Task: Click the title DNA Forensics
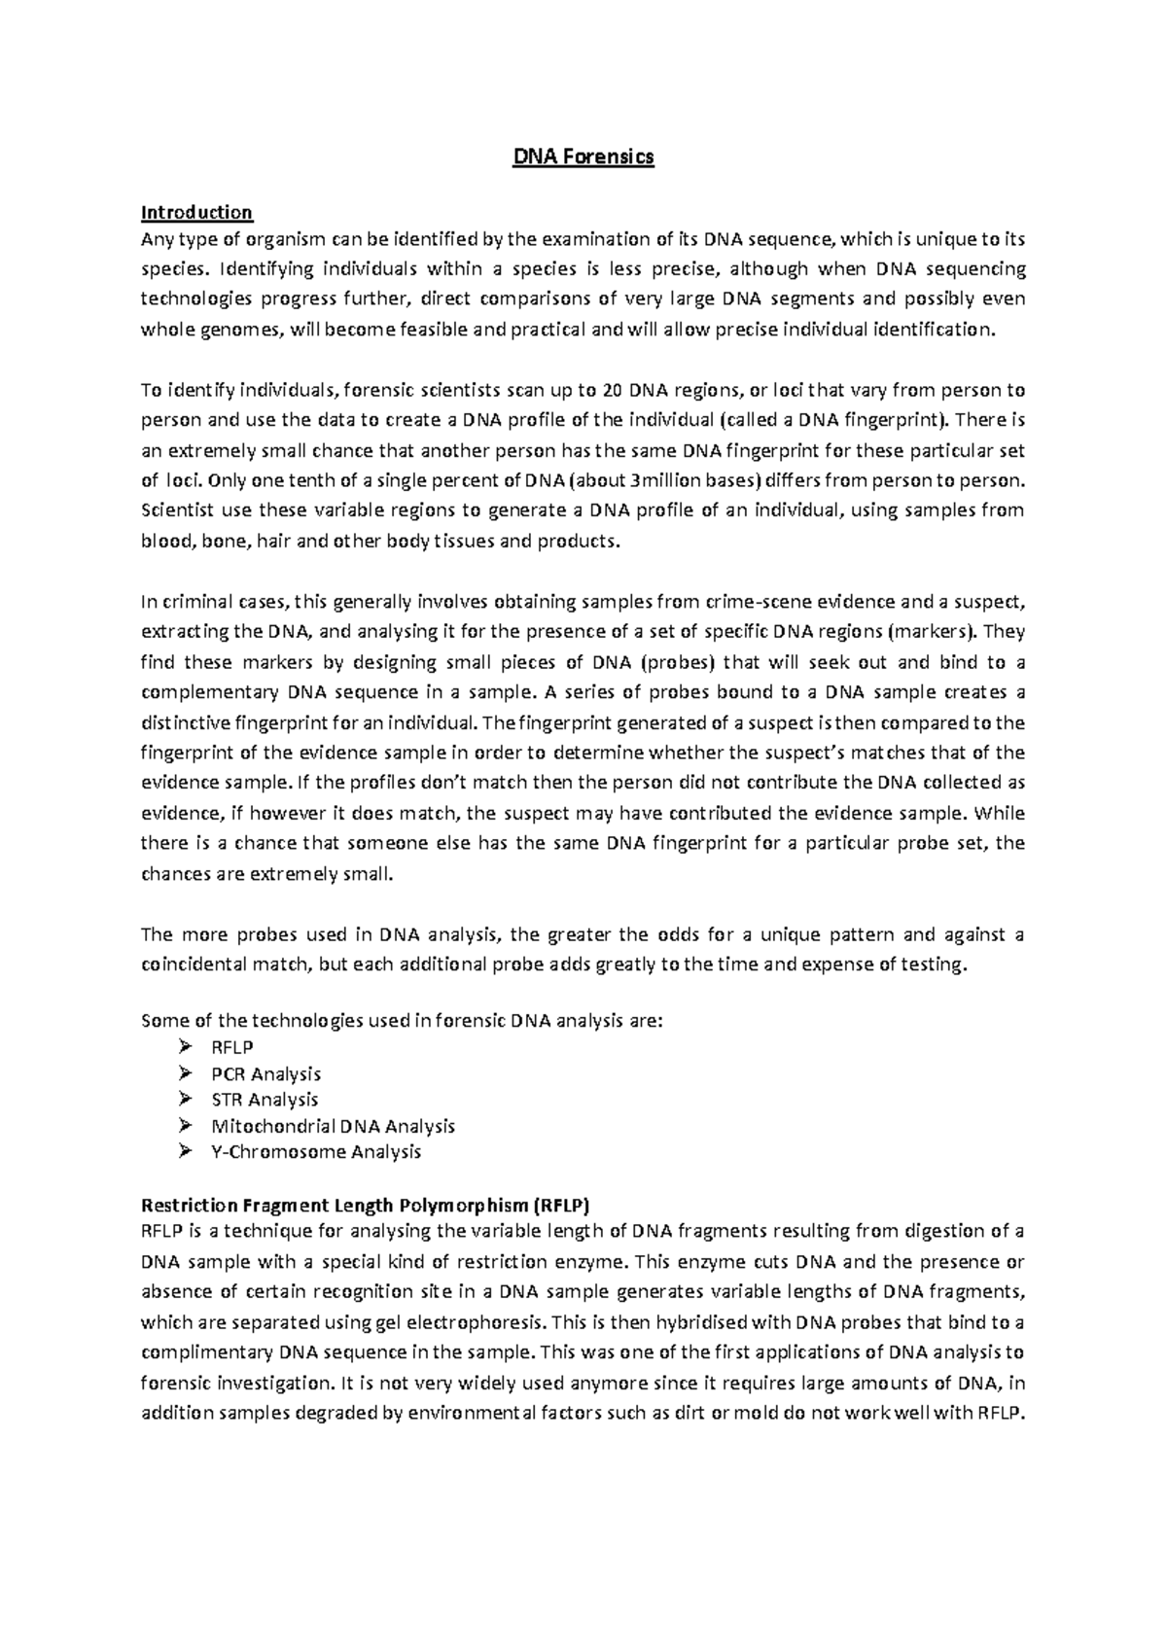[x=583, y=157]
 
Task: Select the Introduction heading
[x=196, y=212]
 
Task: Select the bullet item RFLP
[x=232, y=1048]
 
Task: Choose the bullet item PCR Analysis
[x=265, y=1074]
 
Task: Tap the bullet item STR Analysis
[x=265, y=1100]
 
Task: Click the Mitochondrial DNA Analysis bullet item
[x=333, y=1126]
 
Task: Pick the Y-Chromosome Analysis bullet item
[x=316, y=1152]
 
